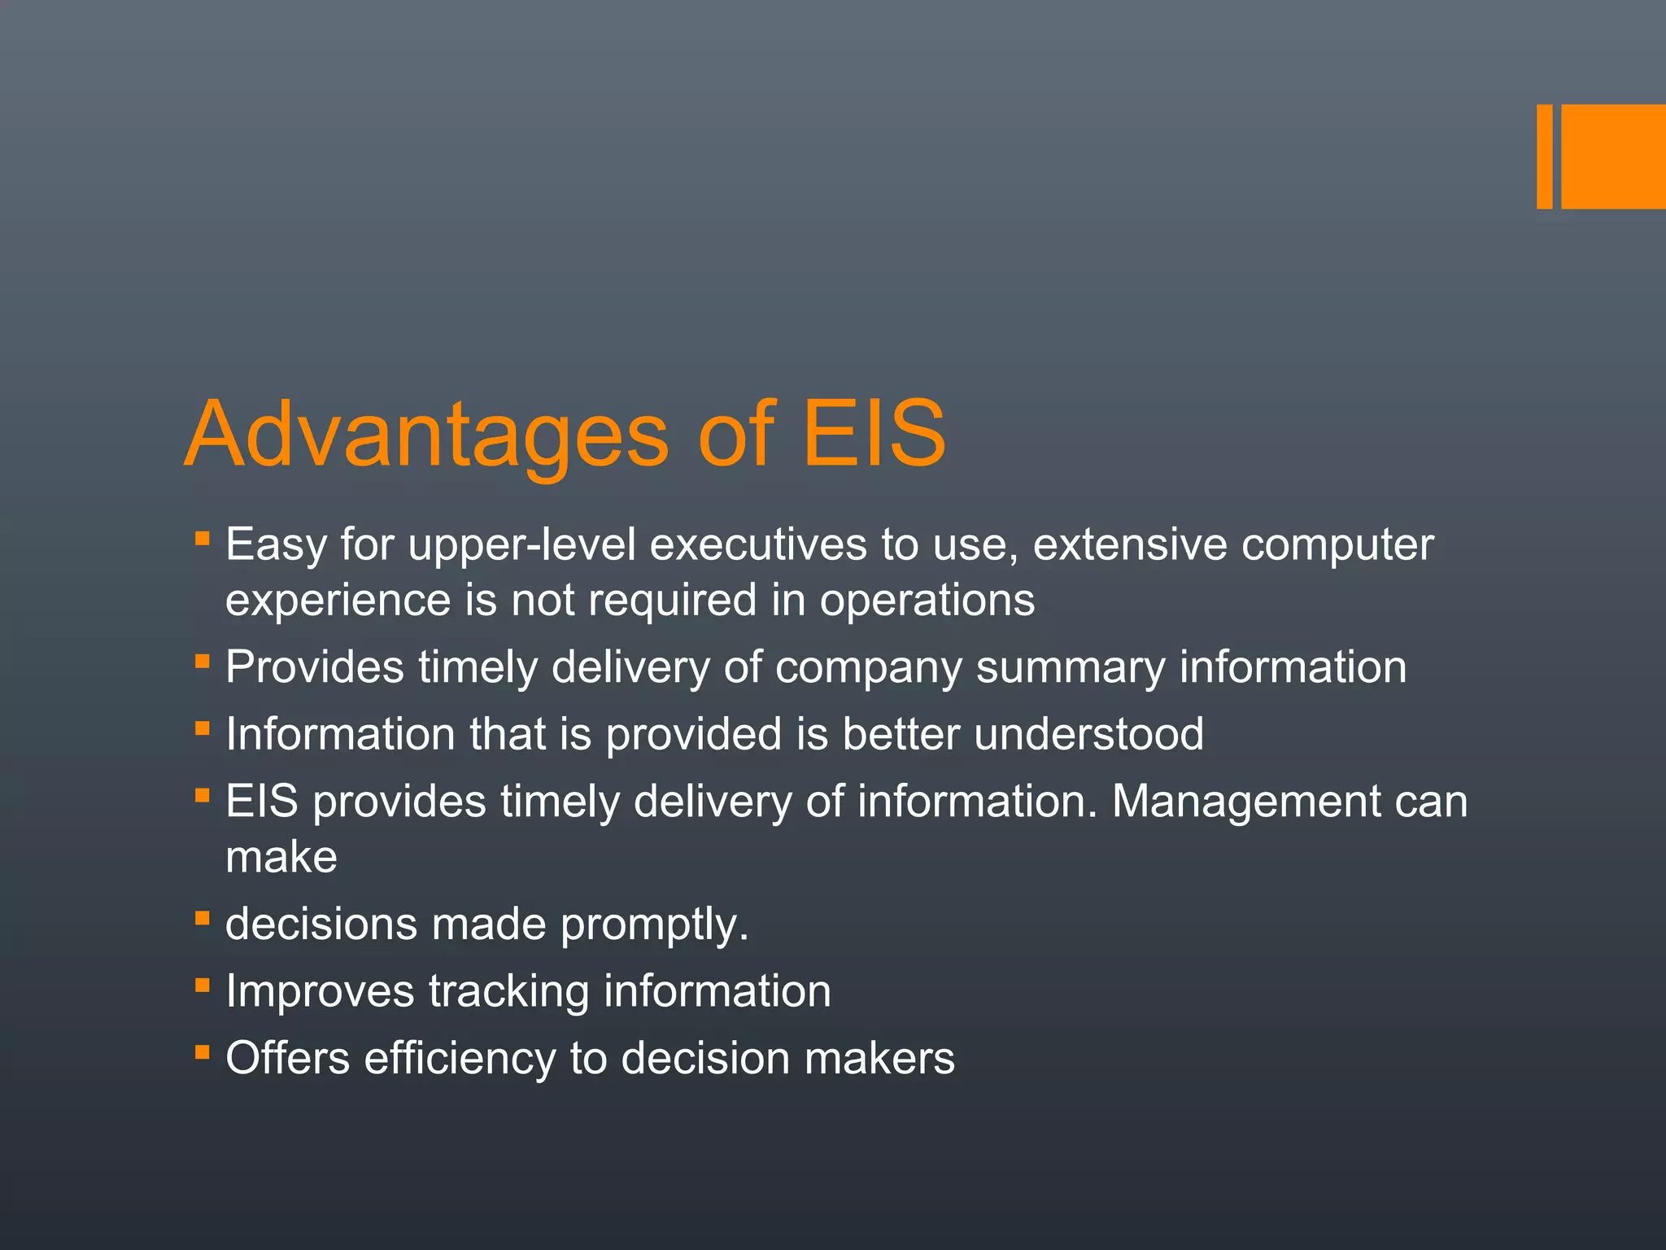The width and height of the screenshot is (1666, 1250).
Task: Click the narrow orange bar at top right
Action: click(x=1544, y=156)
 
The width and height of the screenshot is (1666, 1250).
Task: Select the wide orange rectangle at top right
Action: click(x=1613, y=156)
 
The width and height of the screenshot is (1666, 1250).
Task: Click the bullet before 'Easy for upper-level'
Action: click(x=203, y=539)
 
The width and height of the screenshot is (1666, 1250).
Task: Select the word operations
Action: click(x=927, y=601)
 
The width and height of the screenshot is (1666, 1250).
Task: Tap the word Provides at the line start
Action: click(x=314, y=667)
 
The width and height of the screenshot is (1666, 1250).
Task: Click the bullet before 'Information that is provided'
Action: click(x=203, y=728)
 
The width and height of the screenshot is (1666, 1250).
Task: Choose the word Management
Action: click(x=1245, y=802)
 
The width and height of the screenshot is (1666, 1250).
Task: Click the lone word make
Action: click(x=281, y=857)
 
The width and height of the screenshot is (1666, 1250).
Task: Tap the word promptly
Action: click(x=653, y=925)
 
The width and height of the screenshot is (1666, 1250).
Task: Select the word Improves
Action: click(x=320, y=992)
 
